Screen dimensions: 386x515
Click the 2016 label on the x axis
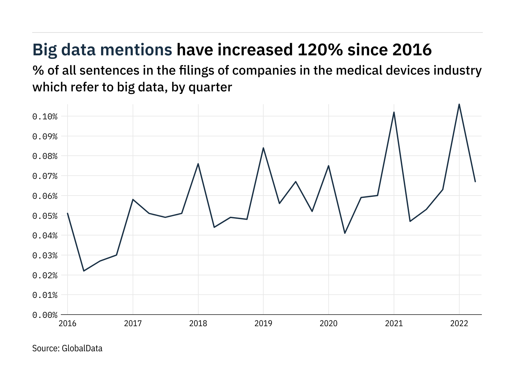[x=68, y=324]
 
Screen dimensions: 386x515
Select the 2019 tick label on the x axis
[x=263, y=324]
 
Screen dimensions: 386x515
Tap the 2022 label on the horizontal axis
[x=459, y=324]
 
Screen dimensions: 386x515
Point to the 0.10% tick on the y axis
[x=45, y=116]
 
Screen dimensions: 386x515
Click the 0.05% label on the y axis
[x=45, y=216]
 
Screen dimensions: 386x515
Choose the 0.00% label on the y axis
[x=45, y=315]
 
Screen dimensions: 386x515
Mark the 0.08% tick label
[x=45, y=156]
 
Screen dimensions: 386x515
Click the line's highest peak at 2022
[x=459, y=104]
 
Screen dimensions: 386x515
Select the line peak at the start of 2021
[x=394, y=112]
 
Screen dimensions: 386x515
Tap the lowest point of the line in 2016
[x=84, y=271]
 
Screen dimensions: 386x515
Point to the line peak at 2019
[x=263, y=148]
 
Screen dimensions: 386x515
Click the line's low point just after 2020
[x=345, y=233]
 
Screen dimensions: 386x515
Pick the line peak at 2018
[x=198, y=164]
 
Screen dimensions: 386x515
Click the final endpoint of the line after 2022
[x=475, y=182]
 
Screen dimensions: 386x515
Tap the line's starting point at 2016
[x=68, y=213]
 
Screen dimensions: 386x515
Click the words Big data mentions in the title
[x=102, y=50]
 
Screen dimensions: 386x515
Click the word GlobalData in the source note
[x=82, y=348]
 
